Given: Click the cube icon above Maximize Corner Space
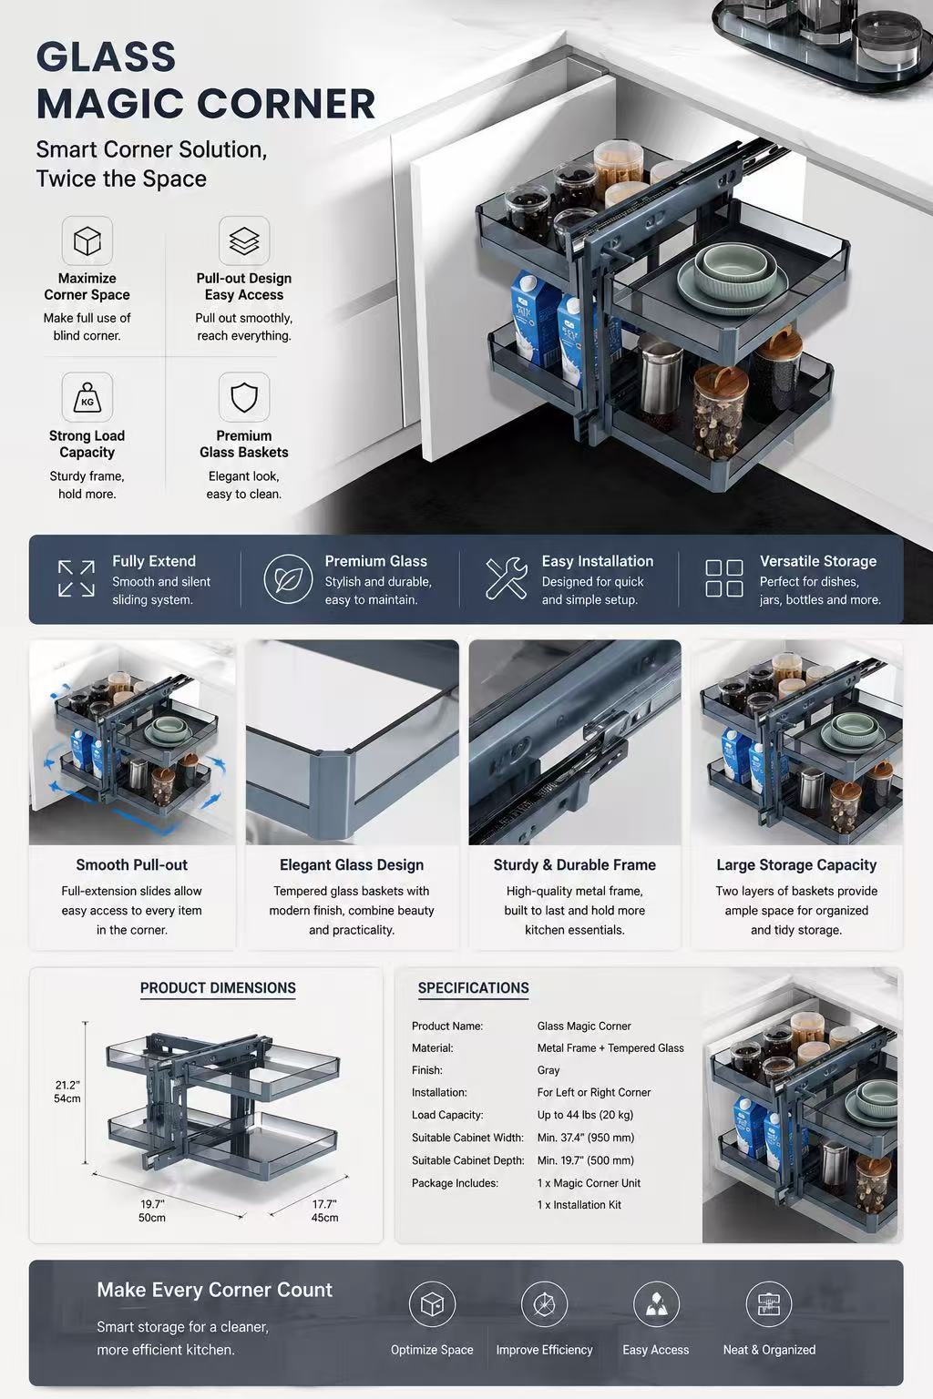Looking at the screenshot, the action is tap(87, 241).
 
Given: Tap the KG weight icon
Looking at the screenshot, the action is tap(87, 397).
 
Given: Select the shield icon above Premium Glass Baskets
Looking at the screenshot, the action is tap(243, 397).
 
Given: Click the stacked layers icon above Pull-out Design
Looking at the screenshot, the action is tap(243, 241).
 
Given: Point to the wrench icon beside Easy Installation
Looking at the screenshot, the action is tap(507, 578).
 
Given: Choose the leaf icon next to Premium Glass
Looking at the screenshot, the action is tap(287, 579).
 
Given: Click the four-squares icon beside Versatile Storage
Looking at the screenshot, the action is tap(723, 578).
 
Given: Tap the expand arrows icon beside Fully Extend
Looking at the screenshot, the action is tap(77, 578).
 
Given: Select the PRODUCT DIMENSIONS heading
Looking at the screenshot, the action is tap(218, 988).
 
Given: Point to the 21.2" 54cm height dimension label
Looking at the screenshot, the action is tap(67, 1092).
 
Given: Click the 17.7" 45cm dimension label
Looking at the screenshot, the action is tap(325, 1210).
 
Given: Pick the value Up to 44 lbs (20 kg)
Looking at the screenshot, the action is tap(585, 1115).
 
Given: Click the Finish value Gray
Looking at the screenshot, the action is tap(549, 1070).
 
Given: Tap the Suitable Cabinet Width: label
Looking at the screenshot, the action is tap(467, 1138).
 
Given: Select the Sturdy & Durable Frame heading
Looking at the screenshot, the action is tap(574, 865).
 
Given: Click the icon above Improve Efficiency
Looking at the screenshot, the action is tap(544, 1304).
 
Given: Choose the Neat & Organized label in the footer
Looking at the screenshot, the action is tap(769, 1350).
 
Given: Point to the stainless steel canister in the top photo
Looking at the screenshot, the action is tap(660, 374).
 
